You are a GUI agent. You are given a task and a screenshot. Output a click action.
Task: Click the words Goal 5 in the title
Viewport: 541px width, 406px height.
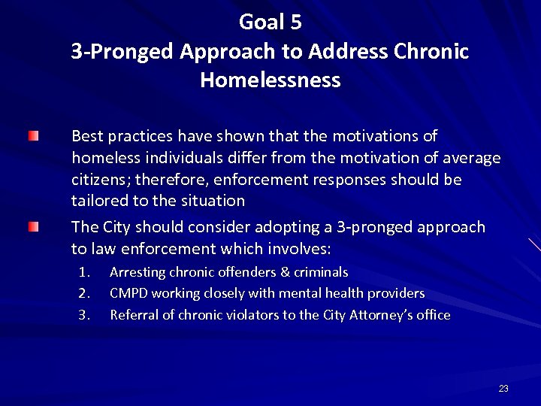click(x=270, y=23)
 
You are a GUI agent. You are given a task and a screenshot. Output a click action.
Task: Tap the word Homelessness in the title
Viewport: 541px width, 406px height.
click(x=270, y=80)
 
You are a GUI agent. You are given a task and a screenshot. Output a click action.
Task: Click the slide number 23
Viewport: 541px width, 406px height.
click(x=503, y=388)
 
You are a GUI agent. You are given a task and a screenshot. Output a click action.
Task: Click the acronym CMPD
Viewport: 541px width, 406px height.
click(x=128, y=293)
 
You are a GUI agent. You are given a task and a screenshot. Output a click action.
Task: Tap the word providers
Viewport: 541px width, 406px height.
click(x=398, y=293)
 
